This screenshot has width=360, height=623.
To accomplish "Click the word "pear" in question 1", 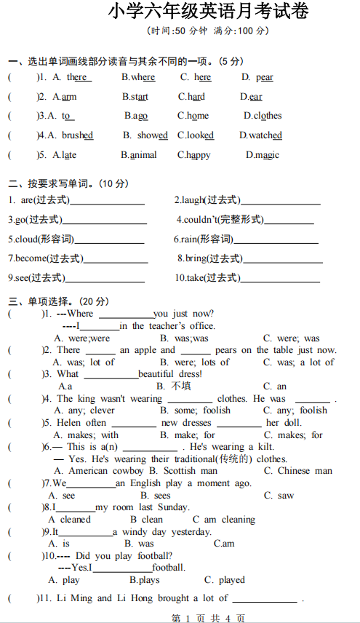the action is coord(265,77).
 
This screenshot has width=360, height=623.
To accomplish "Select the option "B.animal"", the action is coord(139,155).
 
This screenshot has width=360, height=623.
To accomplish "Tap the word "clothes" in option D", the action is coord(268,116).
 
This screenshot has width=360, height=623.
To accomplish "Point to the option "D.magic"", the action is coord(262,155).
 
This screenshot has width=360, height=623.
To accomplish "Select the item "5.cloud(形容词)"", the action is coord(41,239).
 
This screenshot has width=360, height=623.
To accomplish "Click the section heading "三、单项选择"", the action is coord(49,301).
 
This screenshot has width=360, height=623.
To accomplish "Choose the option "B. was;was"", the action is coord(184,338).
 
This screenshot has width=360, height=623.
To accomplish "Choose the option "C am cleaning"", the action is coord(223,519).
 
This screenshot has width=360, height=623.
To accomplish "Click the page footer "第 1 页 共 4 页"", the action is coord(207,617).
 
